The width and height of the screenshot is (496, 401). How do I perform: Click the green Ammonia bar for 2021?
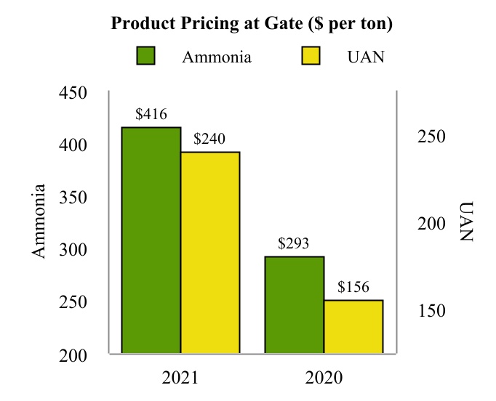[x=151, y=240]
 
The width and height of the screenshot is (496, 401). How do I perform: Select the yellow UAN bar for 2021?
[x=210, y=252]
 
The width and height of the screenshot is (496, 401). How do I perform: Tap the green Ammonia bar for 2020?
[x=294, y=304]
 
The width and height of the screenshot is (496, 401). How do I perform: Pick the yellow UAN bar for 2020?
[x=353, y=326]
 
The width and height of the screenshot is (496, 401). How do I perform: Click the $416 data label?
[x=151, y=114]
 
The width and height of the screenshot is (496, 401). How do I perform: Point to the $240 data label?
[x=209, y=139]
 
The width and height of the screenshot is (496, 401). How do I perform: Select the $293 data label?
[x=294, y=243]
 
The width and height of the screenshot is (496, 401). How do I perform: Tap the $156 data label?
[x=353, y=287]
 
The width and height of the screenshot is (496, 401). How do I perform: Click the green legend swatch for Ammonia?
[x=146, y=57]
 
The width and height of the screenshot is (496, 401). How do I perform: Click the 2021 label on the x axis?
[x=180, y=378]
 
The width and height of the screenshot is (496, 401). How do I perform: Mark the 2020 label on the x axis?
[x=324, y=378]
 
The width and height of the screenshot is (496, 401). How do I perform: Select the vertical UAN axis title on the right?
[x=466, y=221]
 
